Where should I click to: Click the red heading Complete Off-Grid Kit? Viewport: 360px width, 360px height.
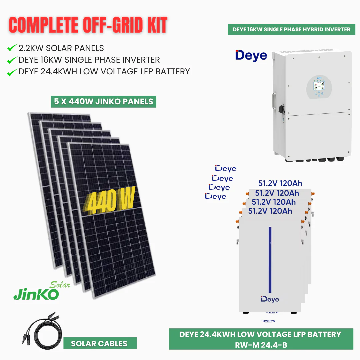click(88, 25)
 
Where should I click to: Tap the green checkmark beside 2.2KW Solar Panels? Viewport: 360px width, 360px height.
click(12, 48)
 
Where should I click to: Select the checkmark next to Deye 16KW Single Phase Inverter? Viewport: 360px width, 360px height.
click(12, 60)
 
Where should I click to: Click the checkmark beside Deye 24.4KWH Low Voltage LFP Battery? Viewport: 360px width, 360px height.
click(12, 72)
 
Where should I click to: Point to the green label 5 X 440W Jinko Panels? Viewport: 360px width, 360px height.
click(104, 101)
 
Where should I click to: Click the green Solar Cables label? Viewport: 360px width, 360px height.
click(100, 343)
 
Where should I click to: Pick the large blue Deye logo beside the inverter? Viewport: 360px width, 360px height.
click(251, 56)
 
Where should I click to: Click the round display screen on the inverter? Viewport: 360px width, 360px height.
click(319, 87)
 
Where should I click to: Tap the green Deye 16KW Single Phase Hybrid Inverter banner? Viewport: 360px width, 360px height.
click(291, 29)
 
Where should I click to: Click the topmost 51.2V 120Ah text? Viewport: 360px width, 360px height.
click(280, 183)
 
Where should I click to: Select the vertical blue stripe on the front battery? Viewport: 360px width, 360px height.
click(270, 260)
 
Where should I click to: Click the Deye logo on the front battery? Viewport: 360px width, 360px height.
click(270, 299)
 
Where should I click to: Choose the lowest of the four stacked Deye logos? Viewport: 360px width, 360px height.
click(216, 197)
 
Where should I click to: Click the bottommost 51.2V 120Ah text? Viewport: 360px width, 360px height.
click(270, 211)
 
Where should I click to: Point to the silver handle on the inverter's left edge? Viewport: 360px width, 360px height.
click(274, 101)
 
